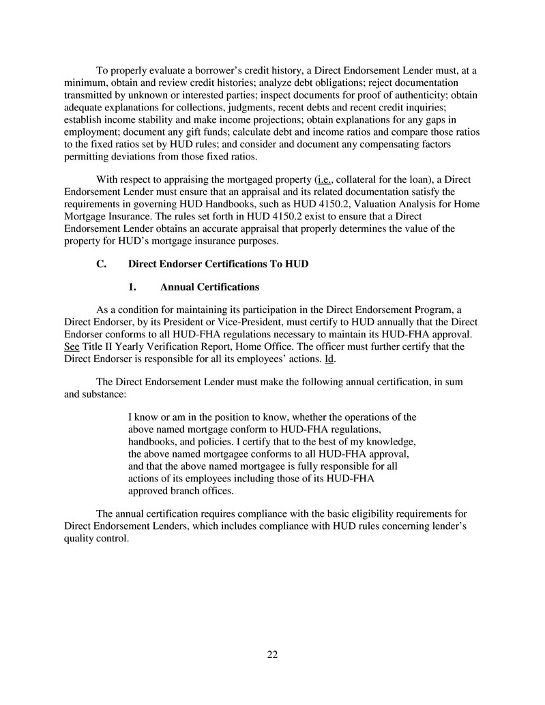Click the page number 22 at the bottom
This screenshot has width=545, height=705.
pyautogui.click(x=272, y=655)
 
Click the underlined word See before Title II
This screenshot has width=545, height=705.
pyautogui.click(x=70, y=346)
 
